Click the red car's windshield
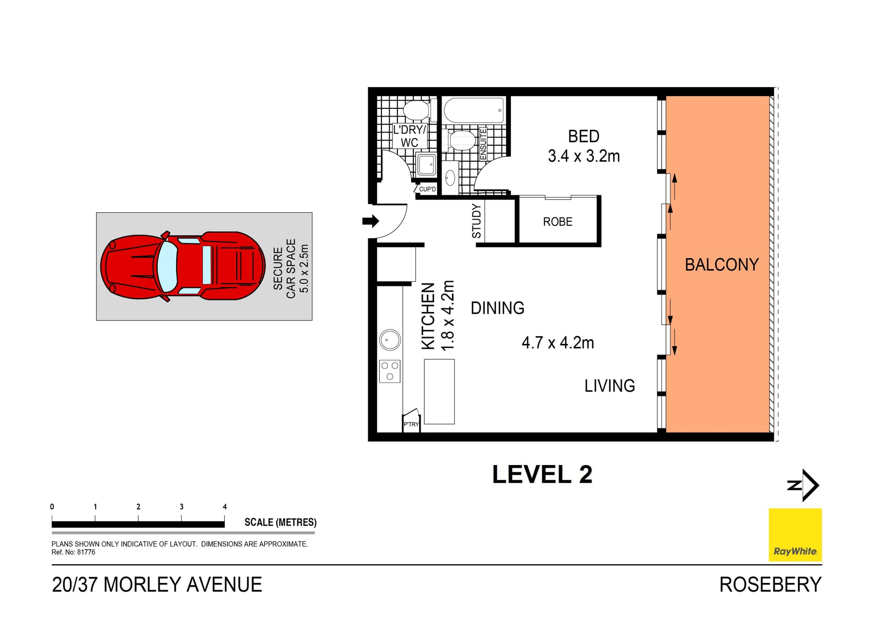(167, 266)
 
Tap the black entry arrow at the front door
(371, 221)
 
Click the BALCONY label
(722, 265)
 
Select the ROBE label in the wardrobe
(558, 222)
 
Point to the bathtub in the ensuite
(474, 110)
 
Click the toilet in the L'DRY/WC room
(416, 110)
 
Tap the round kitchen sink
(390, 340)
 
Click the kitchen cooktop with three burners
(390, 371)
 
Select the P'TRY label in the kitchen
(411, 424)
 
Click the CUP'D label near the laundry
(427, 189)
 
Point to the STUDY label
(477, 221)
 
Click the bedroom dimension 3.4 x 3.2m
(584, 156)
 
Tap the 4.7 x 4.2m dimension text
(558, 342)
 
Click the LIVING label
(610, 386)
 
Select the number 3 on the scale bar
(181, 506)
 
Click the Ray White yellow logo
(795, 534)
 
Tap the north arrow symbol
(804, 485)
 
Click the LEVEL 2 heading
(542, 475)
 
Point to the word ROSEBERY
(770, 585)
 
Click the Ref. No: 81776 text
(73, 552)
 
